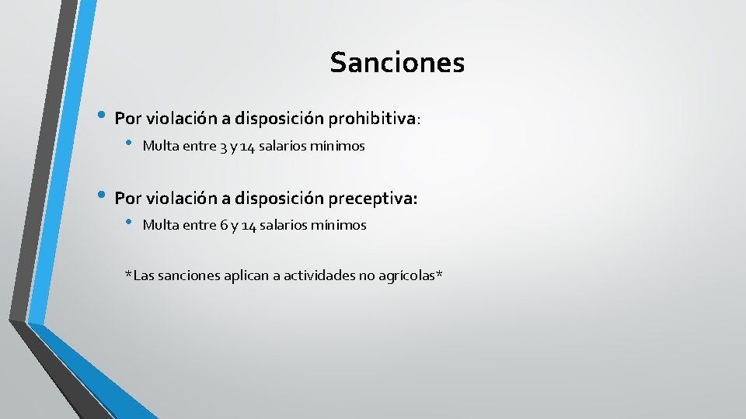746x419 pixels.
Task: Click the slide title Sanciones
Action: [x=397, y=62]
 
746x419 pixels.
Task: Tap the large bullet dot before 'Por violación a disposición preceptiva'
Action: [x=101, y=197]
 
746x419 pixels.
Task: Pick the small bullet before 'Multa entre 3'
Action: [x=129, y=144]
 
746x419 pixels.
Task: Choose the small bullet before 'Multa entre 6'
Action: [x=129, y=223]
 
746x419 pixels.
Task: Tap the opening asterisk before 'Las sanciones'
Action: [x=129, y=274]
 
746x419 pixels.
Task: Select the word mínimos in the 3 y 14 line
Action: [x=338, y=146]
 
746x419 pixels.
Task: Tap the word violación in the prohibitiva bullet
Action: [x=179, y=119]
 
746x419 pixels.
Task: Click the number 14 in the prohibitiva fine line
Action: [x=248, y=146]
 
